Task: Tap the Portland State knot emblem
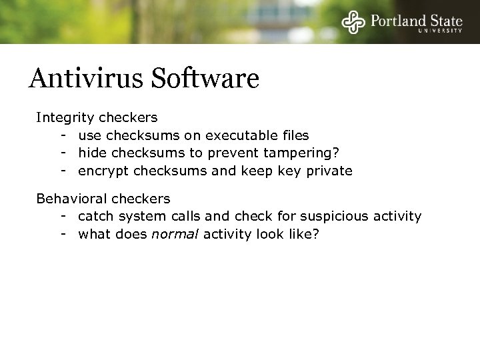353,21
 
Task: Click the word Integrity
65,118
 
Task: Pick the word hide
91,153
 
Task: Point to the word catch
95,216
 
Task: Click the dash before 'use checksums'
61,135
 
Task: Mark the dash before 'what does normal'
61,234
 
